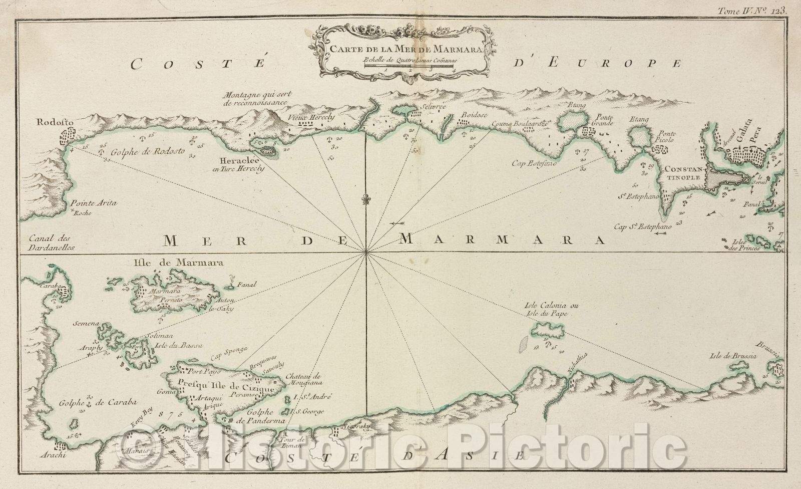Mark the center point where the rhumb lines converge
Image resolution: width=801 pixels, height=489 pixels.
pyautogui.click(x=367, y=253)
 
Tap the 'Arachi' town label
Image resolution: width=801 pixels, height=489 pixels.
pyautogui.click(x=54, y=456)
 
